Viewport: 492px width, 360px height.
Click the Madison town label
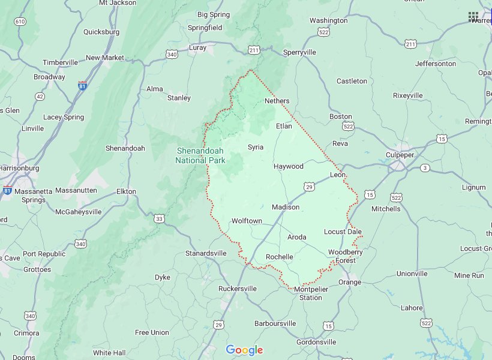(x=285, y=207)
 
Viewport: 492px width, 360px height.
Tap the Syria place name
(x=255, y=146)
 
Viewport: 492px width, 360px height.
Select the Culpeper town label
(x=400, y=155)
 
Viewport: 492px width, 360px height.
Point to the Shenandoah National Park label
(x=200, y=155)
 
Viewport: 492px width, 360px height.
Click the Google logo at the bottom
(x=244, y=350)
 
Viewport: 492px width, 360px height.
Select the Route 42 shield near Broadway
(x=40, y=96)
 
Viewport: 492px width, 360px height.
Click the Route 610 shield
(x=20, y=22)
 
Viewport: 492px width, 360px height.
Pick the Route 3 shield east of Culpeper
(x=425, y=167)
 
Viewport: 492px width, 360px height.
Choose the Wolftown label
(x=247, y=221)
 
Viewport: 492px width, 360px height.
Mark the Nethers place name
(x=277, y=101)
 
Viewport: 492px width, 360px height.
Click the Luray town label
(x=197, y=47)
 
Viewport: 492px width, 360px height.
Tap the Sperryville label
(x=299, y=52)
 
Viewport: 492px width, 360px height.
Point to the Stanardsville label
(x=206, y=253)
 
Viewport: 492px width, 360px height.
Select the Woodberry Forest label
(x=345, y=256)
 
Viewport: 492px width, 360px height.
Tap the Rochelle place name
(x=279, y=257)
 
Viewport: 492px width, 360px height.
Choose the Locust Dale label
(x=343, y=232)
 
